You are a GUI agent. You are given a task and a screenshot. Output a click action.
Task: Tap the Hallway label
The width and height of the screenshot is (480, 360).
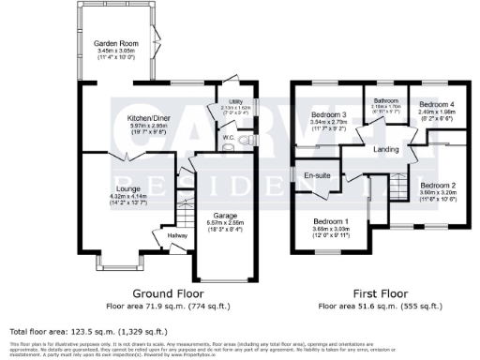[177, 234]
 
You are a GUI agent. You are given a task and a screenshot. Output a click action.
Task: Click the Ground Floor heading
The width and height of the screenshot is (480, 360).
[145, 292]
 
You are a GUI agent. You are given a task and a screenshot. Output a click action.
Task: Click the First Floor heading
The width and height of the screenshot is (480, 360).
[380, 292]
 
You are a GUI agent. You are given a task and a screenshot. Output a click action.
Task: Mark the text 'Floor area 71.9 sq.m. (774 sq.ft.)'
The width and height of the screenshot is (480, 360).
[145, 306]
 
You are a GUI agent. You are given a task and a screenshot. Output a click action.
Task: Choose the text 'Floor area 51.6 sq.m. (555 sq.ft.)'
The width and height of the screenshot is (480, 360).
[380, 306]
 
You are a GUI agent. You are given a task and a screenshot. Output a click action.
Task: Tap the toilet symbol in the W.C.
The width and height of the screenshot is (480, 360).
[243, 141]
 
